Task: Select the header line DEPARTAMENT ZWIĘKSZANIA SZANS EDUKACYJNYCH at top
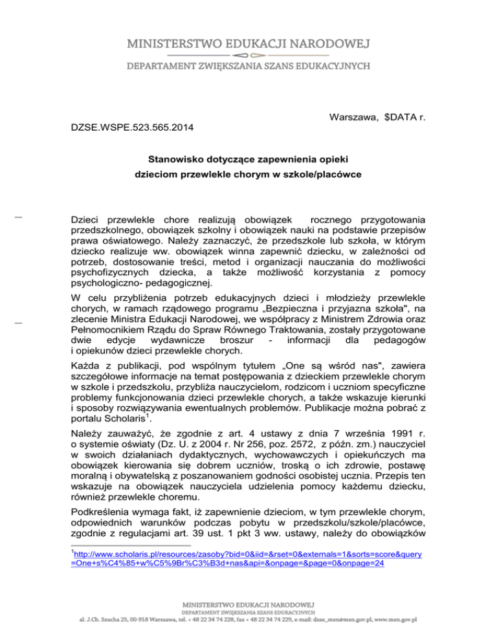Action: [248, 67]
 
